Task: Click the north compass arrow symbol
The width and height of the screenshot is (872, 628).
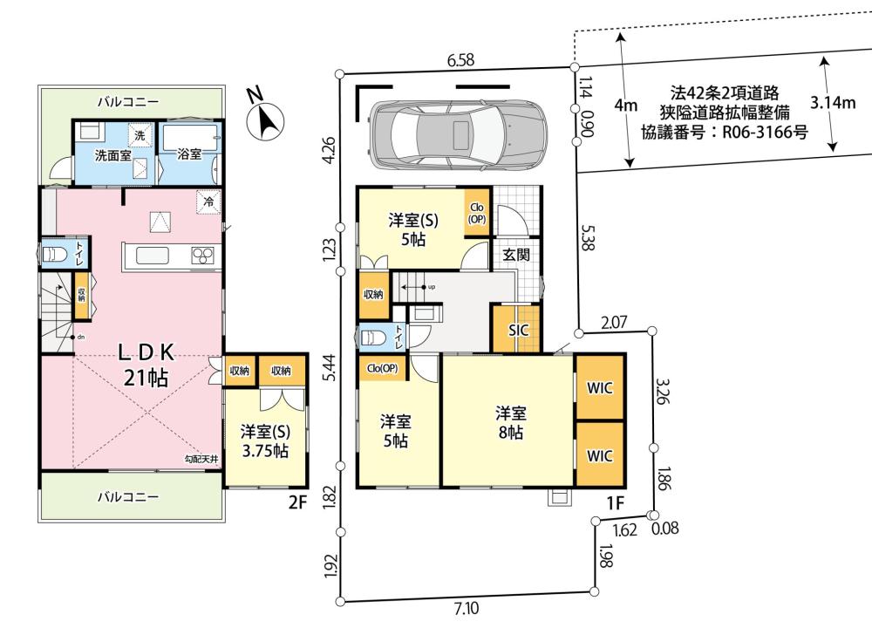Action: click(266, 119)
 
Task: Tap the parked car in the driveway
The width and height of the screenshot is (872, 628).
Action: click(458, 134)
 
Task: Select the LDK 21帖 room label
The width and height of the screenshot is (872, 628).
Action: click(146, 365)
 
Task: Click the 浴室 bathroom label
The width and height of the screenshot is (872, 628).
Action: click(189, 154)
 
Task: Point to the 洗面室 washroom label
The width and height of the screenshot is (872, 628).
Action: click(112, 155)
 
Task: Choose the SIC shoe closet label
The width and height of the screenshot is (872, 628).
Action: click(518, 330)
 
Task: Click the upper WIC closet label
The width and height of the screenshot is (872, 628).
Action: click(600, 387)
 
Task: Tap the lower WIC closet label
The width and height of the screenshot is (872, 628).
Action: click(600, 455)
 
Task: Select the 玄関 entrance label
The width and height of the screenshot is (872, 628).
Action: click(516, 255)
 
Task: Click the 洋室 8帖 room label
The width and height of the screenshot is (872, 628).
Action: click(510, 423)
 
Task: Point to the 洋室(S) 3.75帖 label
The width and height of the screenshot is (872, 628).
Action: click(265, 441)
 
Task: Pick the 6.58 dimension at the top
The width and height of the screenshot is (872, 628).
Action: click(461, 59)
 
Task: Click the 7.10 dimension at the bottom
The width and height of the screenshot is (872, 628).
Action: click(466, 608)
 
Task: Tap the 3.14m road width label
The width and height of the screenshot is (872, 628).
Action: click(833, 102)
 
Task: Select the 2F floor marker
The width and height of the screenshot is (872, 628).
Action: click(297, 502)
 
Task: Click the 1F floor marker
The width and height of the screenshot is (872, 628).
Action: click(615, 503)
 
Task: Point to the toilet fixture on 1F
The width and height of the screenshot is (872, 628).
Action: click(371, 338)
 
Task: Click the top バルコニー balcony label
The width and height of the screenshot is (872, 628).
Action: click(128, 102)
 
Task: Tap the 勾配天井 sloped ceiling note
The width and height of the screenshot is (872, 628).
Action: click(201, 460)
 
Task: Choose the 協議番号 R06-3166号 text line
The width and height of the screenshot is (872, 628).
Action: click(724, 133)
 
